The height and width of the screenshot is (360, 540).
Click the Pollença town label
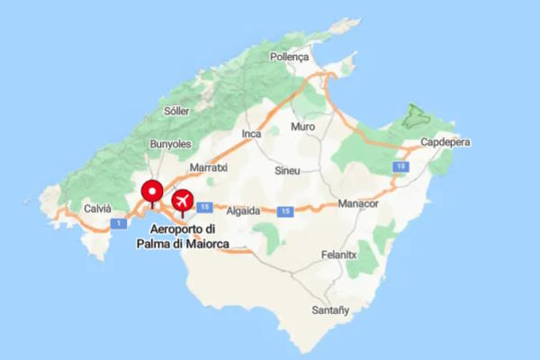pos(290,56)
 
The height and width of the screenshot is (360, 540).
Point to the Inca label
pos(252,134)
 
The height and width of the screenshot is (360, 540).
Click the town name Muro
pos(303,127)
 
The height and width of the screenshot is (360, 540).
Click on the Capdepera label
pos(445,142)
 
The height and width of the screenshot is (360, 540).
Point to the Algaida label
pos(242,211)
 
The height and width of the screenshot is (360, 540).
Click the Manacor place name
pos(358,204)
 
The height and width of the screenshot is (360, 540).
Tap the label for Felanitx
pos(341,256)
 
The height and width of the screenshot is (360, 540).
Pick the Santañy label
pos(330,310)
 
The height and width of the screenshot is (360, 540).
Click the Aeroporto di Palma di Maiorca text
pos(183,237)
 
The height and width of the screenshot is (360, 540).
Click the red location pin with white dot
pos(152,191)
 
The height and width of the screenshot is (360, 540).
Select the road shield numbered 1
pos(116,222)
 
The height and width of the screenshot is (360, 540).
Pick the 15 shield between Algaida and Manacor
pos(285,211)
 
